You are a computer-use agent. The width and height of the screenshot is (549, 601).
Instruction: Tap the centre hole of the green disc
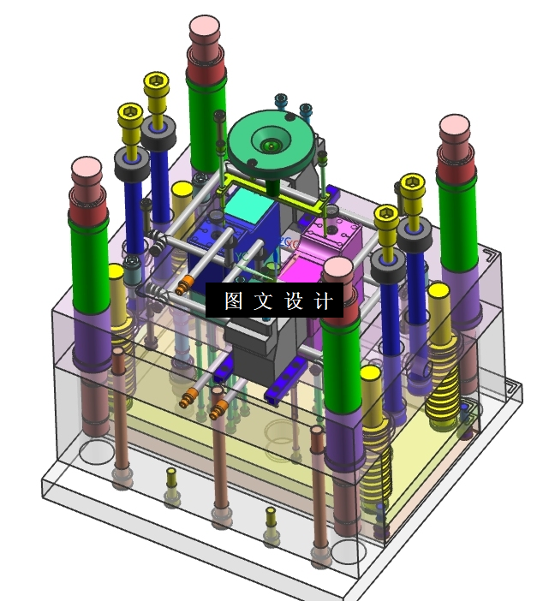pos(272,146)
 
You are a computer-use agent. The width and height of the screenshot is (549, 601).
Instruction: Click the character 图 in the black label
pos(234,300)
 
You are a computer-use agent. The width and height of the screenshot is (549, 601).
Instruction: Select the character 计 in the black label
pos(323,300)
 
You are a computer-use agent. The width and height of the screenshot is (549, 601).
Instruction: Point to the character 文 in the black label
pos(264,300)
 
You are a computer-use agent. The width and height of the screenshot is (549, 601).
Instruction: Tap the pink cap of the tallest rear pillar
pos(205,26)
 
